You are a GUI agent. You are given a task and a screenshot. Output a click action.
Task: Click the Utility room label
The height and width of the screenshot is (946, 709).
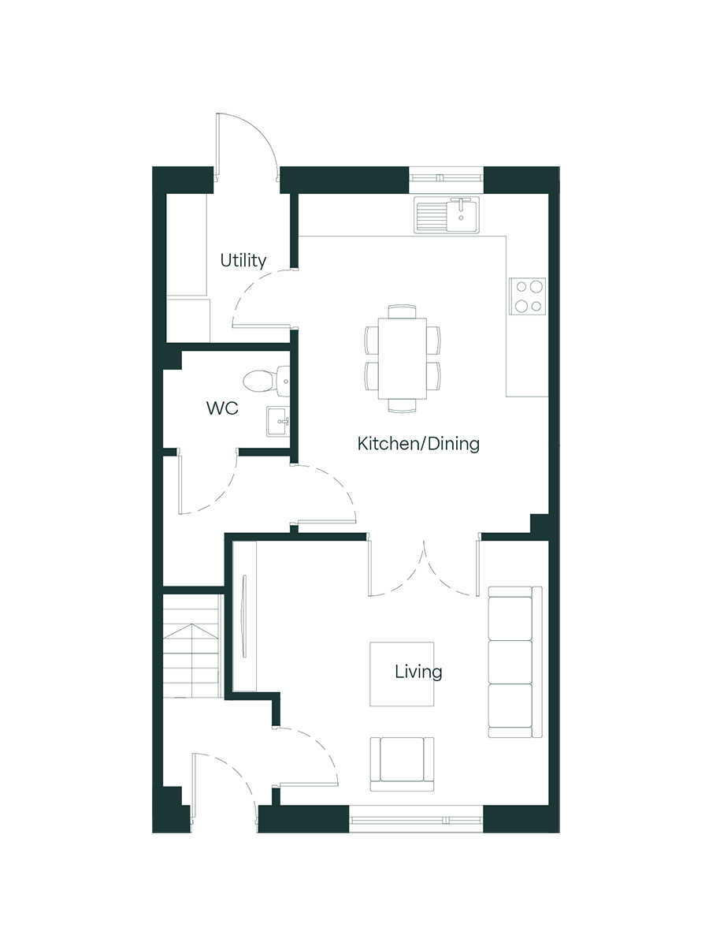(243, 261)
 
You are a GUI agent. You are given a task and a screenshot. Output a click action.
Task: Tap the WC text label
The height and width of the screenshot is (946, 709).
(222, 408)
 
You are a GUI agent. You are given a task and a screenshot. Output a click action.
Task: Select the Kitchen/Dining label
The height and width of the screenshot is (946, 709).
(418, 444)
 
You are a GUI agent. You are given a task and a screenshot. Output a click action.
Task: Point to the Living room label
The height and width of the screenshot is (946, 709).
(418, 672)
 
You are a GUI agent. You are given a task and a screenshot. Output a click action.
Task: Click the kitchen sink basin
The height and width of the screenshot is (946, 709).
(462, 214)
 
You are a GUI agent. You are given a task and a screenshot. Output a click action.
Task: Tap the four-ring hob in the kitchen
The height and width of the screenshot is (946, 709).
(527, 296)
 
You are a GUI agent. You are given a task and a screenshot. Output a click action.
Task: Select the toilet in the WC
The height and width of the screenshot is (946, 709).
(266, 382)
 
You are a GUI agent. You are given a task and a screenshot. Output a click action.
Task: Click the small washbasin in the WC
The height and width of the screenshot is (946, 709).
(277, 421)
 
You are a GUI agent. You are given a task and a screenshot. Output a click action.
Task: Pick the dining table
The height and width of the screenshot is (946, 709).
(403, 359)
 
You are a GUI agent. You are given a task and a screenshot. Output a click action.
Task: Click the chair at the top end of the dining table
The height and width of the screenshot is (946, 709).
(402, 311)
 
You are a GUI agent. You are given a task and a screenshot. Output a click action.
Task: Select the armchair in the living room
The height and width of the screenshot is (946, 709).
(402, 764)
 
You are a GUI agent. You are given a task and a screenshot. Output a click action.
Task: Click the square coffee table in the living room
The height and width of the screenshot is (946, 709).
(402, 674)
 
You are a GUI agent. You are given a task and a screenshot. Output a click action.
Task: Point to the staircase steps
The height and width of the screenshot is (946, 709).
(192, 646)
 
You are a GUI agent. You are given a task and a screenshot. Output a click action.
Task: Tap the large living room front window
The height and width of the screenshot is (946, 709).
(416, 819)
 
